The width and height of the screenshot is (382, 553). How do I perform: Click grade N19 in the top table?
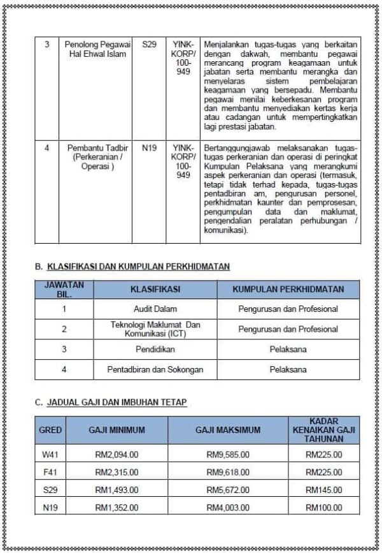[149, 147]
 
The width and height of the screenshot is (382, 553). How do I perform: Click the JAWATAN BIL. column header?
[64, 289]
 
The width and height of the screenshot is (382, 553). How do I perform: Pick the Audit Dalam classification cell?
[155, 309]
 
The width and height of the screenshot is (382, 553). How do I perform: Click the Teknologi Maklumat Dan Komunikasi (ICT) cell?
[155, 329]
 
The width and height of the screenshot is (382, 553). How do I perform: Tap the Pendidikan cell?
[155, 350]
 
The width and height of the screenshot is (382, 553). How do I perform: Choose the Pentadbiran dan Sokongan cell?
[155, 369]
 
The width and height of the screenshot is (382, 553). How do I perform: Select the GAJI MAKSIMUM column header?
[228, 431]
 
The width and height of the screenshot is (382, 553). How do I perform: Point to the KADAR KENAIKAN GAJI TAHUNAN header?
[323, 431]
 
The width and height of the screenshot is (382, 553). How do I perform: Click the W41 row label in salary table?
[50, 455]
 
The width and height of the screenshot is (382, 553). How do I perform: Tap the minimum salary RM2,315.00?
[117, 473]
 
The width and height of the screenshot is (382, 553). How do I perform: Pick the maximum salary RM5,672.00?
[228, 490]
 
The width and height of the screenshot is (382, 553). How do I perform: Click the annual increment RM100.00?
[323, 508]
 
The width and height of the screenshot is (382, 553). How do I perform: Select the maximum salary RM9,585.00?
[228, 455]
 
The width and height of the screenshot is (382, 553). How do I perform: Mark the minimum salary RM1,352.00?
[117, 508]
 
